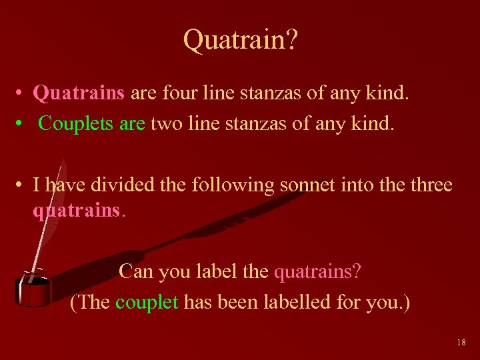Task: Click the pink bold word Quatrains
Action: click(x=79, y=93)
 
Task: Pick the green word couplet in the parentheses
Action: click(x=147, y=302)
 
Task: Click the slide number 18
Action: click(x=461, y=343)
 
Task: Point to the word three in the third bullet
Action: click(x=427, y=184)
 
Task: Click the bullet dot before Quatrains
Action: click(x=22, y=93)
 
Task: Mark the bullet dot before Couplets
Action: click(x=22, y=123)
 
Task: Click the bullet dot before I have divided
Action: click(x=22, y=185)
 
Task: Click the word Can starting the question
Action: click(x=135, y=271)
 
